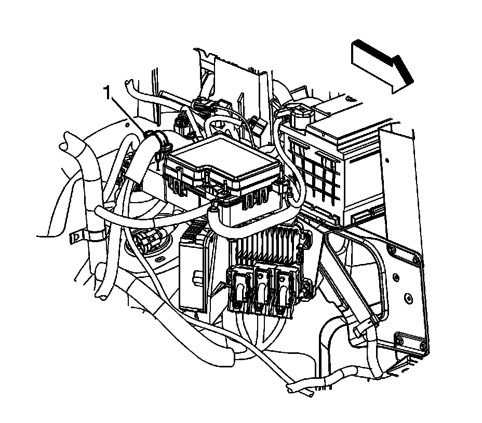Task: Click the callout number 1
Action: [108, 94]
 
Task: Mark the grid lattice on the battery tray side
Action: [317, 166]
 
